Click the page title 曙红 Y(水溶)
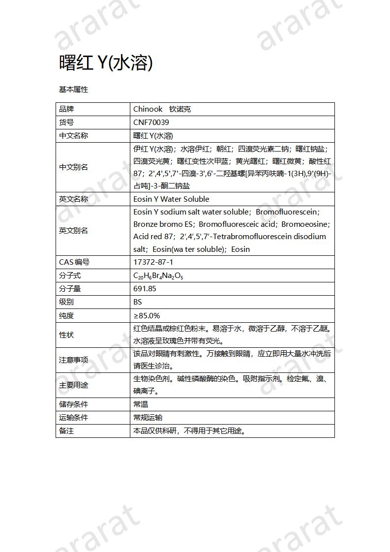coord(106,62)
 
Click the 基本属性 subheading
coord(73,90)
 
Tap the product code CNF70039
coord(151,123)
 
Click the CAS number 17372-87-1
coord(153,262)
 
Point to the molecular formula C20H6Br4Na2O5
coord(158,276)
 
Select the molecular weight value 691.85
coord(145,289)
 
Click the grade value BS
coord(138,302)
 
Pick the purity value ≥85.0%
coord(147,315)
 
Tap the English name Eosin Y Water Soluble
coord(171,199)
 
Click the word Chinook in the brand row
coord(148,109)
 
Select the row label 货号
coord(66,123)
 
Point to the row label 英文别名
coord(73,230)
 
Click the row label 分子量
coord(70,289)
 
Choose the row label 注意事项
coord(73,360)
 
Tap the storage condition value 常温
coord(141,404)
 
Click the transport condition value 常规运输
coord(148,418)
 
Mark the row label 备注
coord(66,431)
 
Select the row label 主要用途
coord(73,385)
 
